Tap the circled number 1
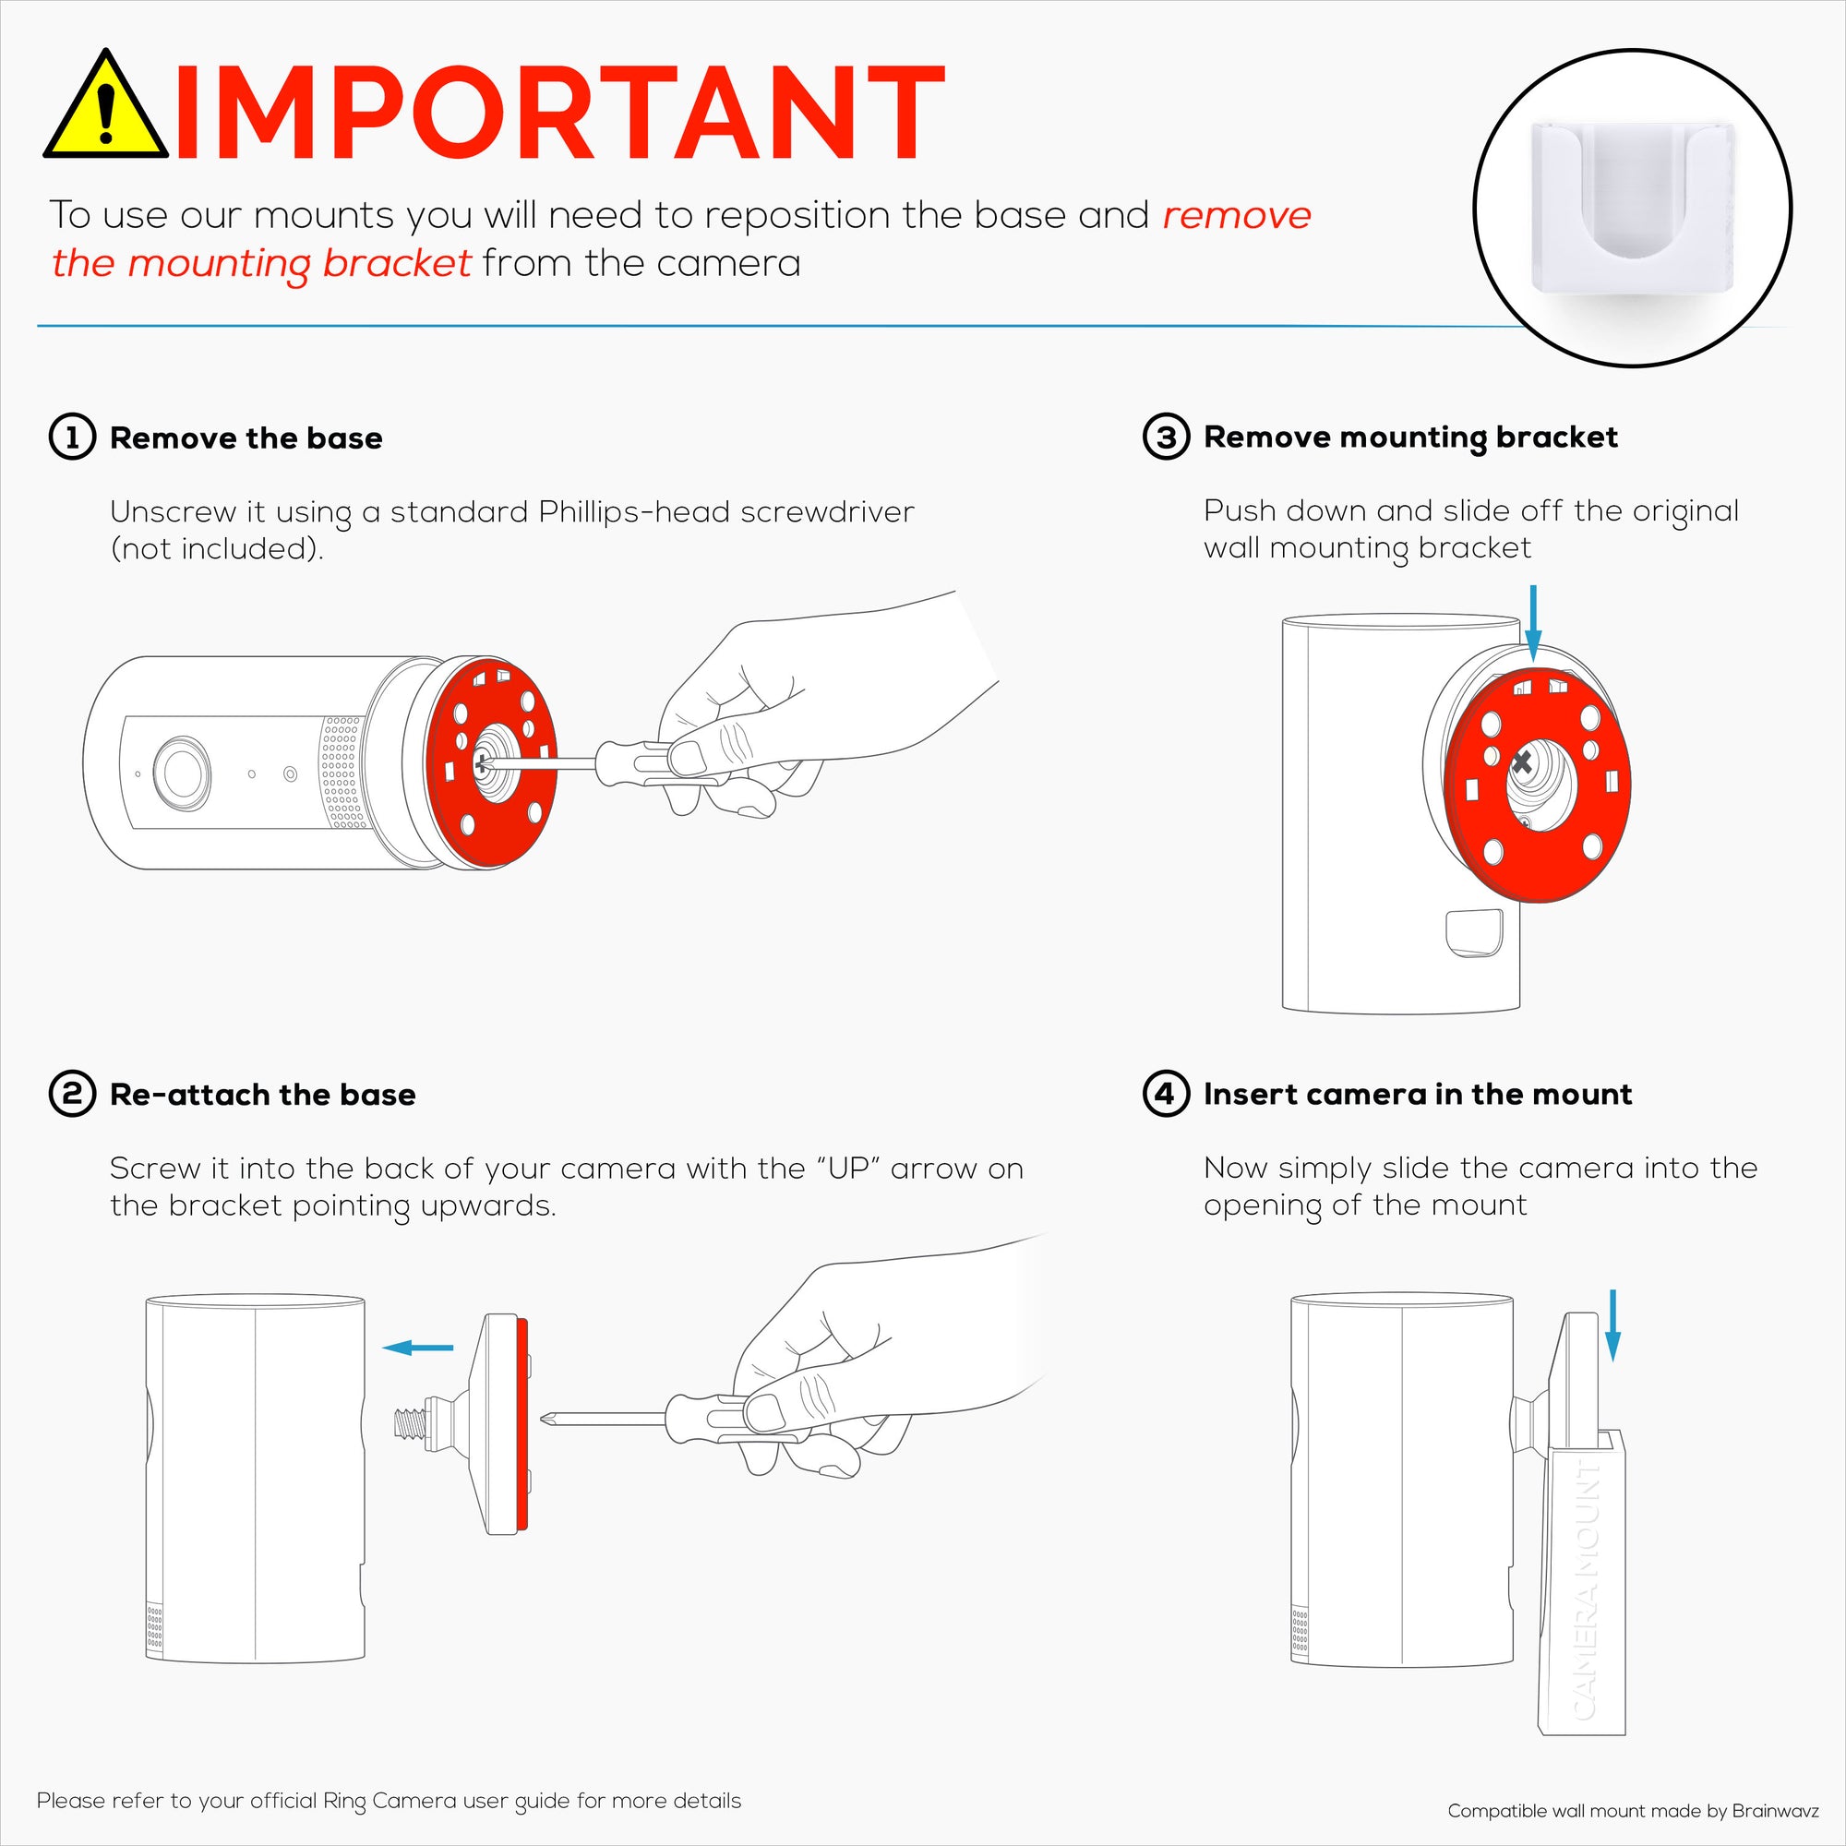[x=73, y=438]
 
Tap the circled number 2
[x=73, y=1094]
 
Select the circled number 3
[x=1166, y=437]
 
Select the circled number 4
[x=1166, y=1093]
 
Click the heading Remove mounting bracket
[x=1410, y=437]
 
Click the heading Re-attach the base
[x=263, y=1094]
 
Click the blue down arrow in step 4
[x=1612, y=1325]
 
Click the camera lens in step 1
[x=182, y=772]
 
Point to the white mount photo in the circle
[x=1632, y=207]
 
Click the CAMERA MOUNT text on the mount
[x=1585, y=1591]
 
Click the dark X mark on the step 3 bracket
[x=1522, y=761]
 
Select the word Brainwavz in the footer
[x=1774, y=1810]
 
